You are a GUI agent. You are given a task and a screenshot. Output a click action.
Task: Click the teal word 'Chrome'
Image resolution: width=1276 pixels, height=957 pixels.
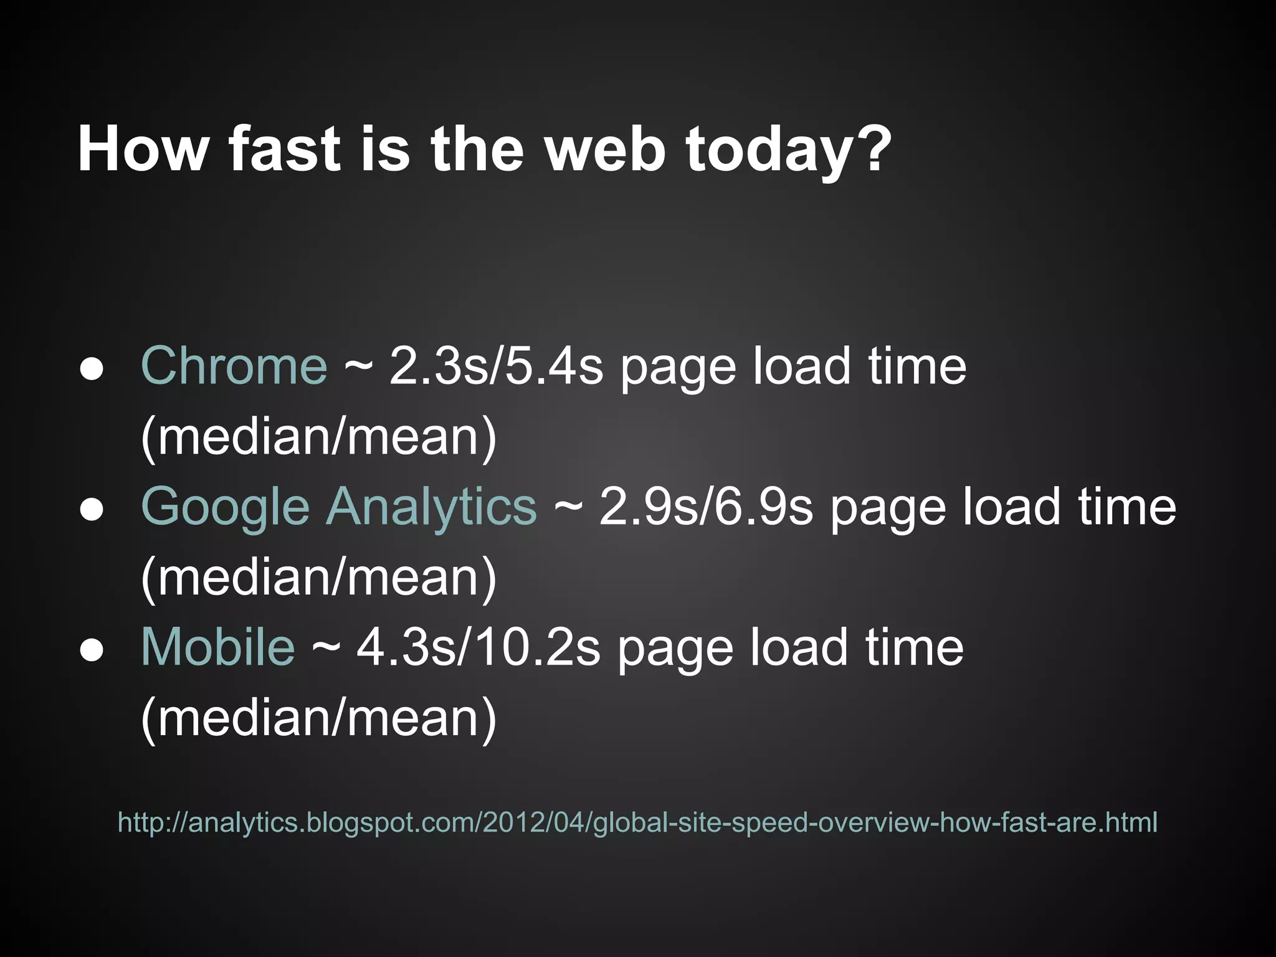[x=234, y=366]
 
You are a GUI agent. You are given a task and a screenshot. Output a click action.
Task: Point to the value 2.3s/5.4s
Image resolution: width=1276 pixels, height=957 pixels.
[x=496, y=366]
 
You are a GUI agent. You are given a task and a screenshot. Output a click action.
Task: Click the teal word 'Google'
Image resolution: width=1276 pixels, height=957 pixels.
[x=225, y=507]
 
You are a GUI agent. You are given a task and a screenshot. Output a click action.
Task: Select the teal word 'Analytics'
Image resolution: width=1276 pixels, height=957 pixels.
[x=431, y=507]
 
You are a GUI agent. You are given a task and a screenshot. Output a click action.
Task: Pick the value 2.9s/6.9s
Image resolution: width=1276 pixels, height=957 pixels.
[x=706, y=507]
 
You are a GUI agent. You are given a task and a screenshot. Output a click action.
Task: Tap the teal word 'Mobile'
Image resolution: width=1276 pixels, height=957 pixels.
[x=217, y=647]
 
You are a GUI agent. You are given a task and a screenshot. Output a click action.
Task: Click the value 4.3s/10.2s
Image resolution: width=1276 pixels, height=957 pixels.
[x=478, y=647]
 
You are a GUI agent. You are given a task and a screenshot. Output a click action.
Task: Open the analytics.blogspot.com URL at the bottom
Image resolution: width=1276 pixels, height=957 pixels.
[x=637, y=822]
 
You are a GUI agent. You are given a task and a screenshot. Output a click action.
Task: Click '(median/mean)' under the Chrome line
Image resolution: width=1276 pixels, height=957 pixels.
[x=319, y=437]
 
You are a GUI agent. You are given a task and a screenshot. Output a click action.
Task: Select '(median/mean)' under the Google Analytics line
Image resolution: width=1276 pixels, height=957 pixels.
[x=319, y=578]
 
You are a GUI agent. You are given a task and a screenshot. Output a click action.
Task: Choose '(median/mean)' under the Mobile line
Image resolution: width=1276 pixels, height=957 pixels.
[x=319, y=718]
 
